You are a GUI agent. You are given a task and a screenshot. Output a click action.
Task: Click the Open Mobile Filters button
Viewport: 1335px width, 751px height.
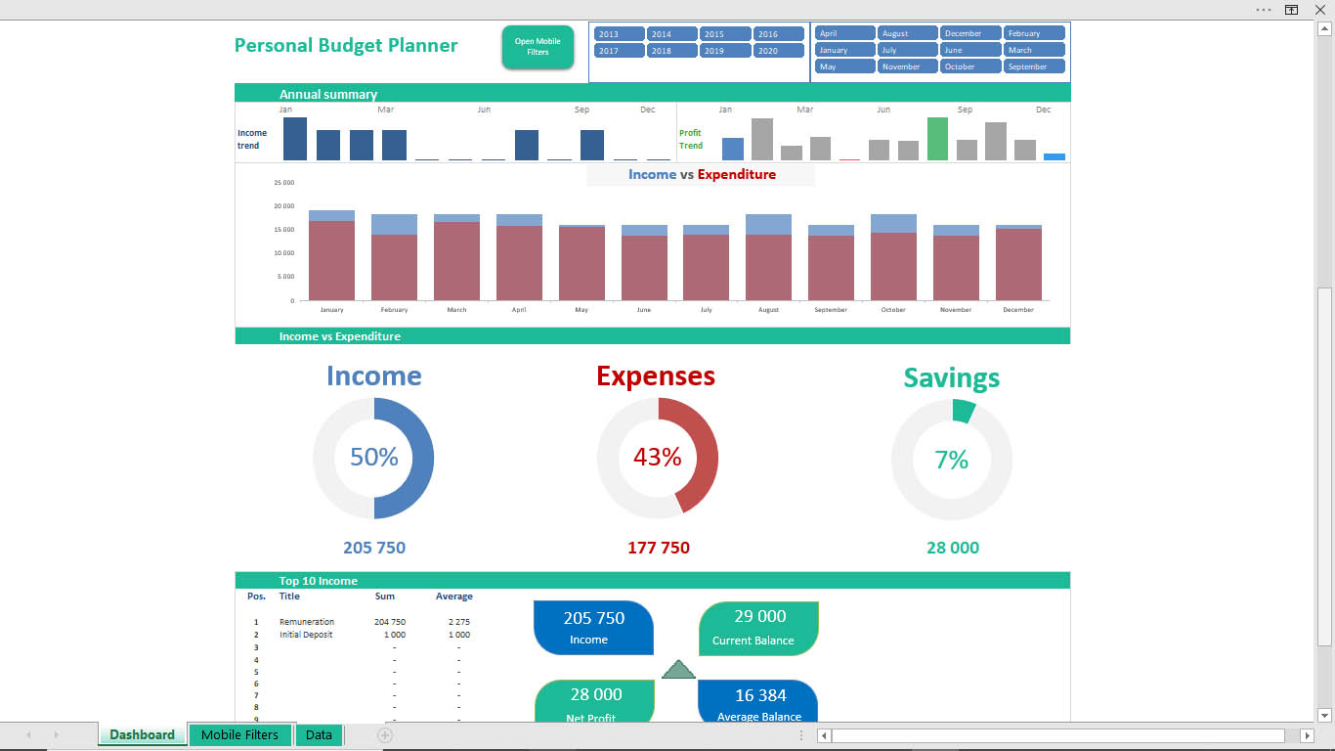click(538, 47)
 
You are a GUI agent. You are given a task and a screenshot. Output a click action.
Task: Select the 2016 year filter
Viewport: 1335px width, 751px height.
click(778, 34)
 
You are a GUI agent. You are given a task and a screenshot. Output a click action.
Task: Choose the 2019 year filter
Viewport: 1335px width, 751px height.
click(725, 51)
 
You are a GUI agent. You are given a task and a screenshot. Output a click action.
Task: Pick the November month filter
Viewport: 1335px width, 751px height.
click(907, 66)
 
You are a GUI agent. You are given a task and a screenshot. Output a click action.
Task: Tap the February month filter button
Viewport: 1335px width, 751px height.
click(1033, 33)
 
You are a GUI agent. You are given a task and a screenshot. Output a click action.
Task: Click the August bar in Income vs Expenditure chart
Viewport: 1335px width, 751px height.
click(768, 257)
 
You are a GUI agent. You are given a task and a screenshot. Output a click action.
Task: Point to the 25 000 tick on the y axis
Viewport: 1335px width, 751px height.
click(283, 183)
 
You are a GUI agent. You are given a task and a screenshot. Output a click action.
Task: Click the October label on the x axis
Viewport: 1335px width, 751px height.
click(893, 310)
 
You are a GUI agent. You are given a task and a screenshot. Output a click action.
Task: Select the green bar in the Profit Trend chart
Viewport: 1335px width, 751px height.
click(937, 139)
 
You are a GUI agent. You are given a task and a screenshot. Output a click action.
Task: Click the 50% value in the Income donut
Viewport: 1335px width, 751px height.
click(373, 457)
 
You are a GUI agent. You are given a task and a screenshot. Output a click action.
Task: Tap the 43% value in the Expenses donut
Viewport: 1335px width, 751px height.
click(657, 457)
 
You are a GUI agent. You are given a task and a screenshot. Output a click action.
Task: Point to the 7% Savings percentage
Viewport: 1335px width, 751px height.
click(951, 460)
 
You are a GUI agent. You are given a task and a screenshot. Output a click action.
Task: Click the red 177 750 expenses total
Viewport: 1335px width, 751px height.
click(659, 548)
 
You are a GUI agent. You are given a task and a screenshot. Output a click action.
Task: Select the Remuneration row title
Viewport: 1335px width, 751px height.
click(306, 622)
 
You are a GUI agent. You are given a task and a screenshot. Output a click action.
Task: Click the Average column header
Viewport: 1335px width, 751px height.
click(454, 596)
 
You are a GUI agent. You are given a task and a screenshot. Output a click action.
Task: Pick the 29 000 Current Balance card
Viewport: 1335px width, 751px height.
click(758, 628)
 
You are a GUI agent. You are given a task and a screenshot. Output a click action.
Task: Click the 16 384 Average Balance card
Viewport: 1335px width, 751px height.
click(758, 701)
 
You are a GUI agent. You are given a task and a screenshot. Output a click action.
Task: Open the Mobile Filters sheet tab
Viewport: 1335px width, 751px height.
click(239, 735)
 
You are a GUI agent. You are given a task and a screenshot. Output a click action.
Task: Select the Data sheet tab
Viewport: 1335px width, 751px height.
click(319, 735)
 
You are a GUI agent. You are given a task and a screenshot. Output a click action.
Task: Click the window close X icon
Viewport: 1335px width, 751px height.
click(1320, 10)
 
